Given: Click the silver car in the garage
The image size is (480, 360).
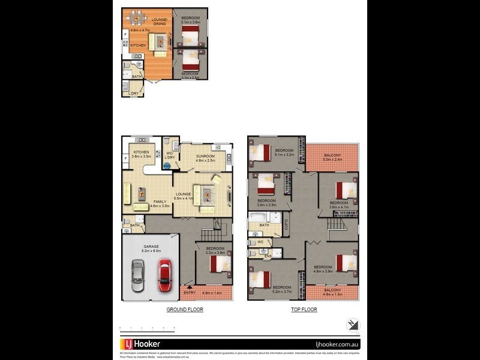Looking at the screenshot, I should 137,272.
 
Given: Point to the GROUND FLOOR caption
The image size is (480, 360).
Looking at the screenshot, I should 185,310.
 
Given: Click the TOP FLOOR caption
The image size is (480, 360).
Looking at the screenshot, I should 304,310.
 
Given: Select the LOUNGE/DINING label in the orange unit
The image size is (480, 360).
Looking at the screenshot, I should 160,22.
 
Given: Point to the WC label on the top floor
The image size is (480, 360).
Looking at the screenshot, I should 260,242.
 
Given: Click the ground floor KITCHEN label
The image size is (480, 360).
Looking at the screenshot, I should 141,152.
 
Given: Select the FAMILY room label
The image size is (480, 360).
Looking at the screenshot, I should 160,202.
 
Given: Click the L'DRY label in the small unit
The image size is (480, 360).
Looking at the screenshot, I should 133,94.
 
